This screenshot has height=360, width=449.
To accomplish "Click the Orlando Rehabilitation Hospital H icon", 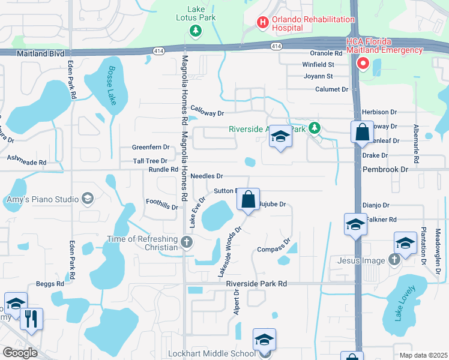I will pos(262,23).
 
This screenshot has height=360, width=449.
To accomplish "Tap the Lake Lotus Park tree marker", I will pos(194,30).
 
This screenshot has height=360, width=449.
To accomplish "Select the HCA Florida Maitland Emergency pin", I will pos(363,63).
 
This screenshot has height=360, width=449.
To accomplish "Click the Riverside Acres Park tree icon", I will pos(314,128).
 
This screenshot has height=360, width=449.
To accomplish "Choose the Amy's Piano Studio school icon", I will pos(88,199).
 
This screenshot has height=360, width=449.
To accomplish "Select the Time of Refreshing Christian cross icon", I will pos(187,243).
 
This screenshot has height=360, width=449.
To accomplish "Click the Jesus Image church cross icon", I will pos(394,259).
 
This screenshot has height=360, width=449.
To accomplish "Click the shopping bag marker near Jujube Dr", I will pos(249,199).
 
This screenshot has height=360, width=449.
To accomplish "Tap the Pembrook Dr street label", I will pos(385,170).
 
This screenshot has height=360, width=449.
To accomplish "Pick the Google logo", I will pos(20,352).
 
